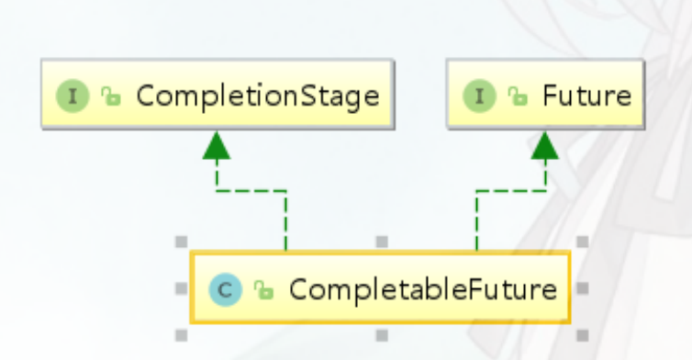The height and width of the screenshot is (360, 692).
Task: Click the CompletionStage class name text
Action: coord(258,96)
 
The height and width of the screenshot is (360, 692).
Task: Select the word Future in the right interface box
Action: coord(587,96)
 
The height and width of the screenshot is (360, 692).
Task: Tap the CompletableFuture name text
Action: coord(423,290)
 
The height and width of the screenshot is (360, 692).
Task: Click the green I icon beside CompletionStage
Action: coord(73,96)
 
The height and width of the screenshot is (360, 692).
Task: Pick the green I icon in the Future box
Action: coord(479,96)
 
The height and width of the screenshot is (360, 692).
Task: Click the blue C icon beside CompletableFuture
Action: coord(226,290)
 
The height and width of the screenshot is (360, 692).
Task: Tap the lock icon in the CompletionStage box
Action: coord(111,96)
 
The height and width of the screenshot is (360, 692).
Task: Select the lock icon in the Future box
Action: coord(518,96)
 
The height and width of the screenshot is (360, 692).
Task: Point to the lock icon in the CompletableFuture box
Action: coord(263,290)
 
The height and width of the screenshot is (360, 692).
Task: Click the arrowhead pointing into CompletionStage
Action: coord(217,145)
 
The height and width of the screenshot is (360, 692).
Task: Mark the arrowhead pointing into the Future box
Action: coord(545,145)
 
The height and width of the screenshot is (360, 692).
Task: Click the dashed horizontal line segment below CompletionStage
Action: coord(251,191)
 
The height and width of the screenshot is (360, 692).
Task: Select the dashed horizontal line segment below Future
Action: coord(511,191)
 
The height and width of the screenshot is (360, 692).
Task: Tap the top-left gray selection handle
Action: coord(182,242)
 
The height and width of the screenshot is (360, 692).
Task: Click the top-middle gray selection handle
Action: coord(382,242)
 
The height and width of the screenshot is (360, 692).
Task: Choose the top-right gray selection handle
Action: coord(583,242)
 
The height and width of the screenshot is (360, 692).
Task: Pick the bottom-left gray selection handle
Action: coord(182,336)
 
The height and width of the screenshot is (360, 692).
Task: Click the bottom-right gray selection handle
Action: coord(583,336)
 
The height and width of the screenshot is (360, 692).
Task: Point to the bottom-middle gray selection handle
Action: coord(382,336)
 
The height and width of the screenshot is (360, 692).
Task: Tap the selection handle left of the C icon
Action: coord(182,288)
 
